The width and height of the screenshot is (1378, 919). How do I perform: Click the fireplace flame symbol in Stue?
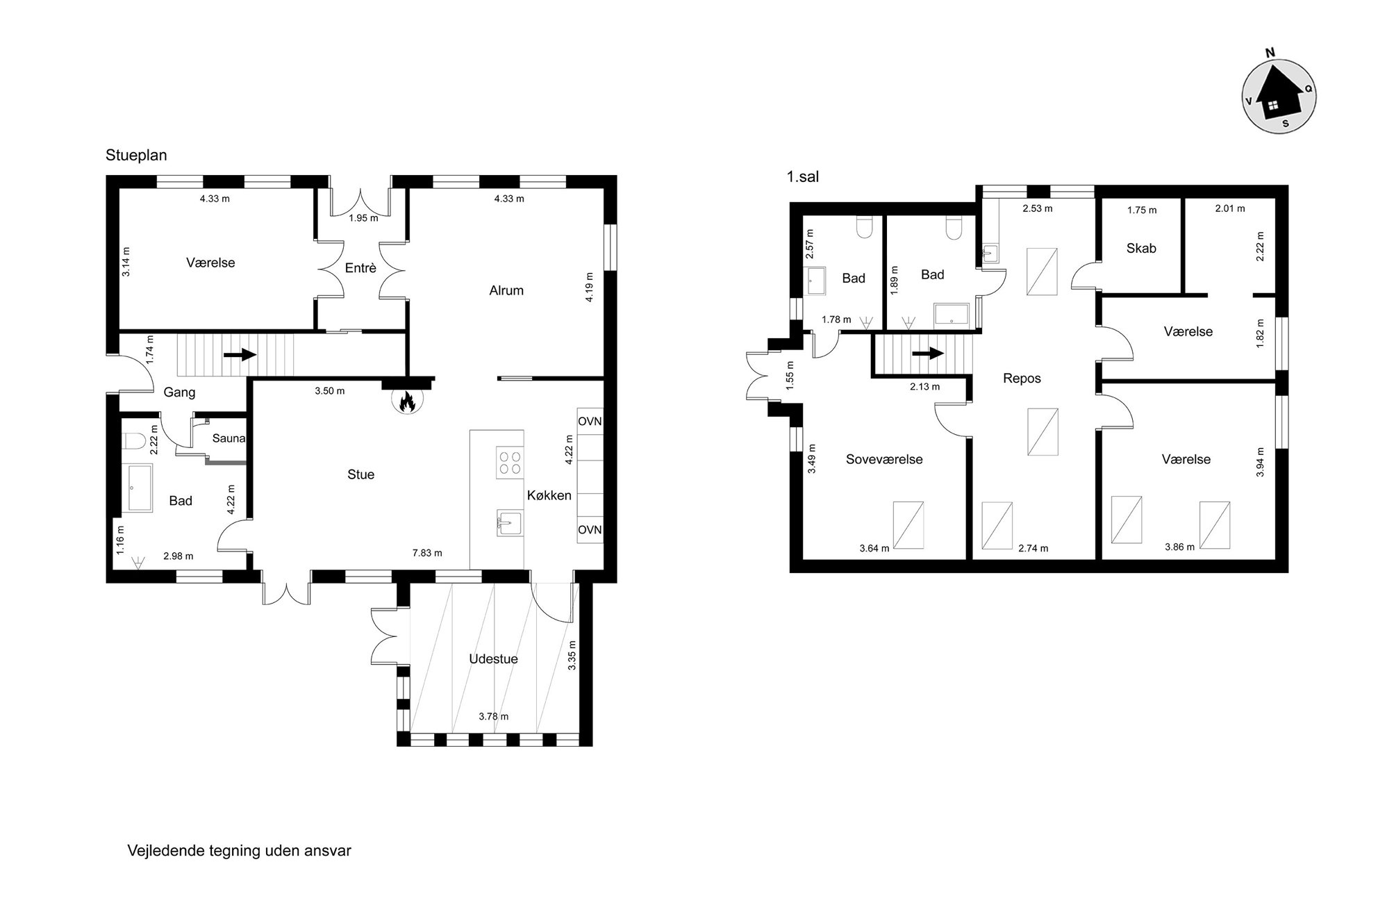coord(406,401)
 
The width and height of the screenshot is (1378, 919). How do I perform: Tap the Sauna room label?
coord(229,438)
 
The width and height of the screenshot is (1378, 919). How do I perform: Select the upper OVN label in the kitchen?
coord(590,422)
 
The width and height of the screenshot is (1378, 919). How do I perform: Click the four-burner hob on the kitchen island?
coord(510,463)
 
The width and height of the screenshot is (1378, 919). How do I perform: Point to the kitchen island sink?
coord(510,523)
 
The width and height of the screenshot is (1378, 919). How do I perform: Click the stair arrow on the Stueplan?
coord(240,355)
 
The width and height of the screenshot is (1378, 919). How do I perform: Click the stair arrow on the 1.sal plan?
coord(928,353)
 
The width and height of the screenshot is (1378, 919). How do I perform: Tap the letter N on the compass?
coord(1270,53)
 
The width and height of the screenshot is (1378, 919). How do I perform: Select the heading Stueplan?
coord(136,155)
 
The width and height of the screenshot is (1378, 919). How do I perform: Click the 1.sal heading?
coord(802,177)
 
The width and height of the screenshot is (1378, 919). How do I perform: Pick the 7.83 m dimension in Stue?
coord(427,553)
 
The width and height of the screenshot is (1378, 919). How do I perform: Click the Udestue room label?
coord(493,659)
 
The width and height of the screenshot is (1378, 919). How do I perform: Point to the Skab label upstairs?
coord(1141,248)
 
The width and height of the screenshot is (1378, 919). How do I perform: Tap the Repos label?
coord(1022,379)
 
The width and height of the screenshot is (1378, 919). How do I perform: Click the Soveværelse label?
coord(884,459)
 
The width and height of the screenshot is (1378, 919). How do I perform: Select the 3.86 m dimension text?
coord(1179,547)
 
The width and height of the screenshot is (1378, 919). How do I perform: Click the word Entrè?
coord(360,267)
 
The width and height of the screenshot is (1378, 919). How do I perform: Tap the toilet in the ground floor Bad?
coord(133,440)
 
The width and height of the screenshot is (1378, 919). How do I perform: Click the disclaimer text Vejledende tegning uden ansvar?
coord(240,851)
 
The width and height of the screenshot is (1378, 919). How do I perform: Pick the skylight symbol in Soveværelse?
coord(908,525)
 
